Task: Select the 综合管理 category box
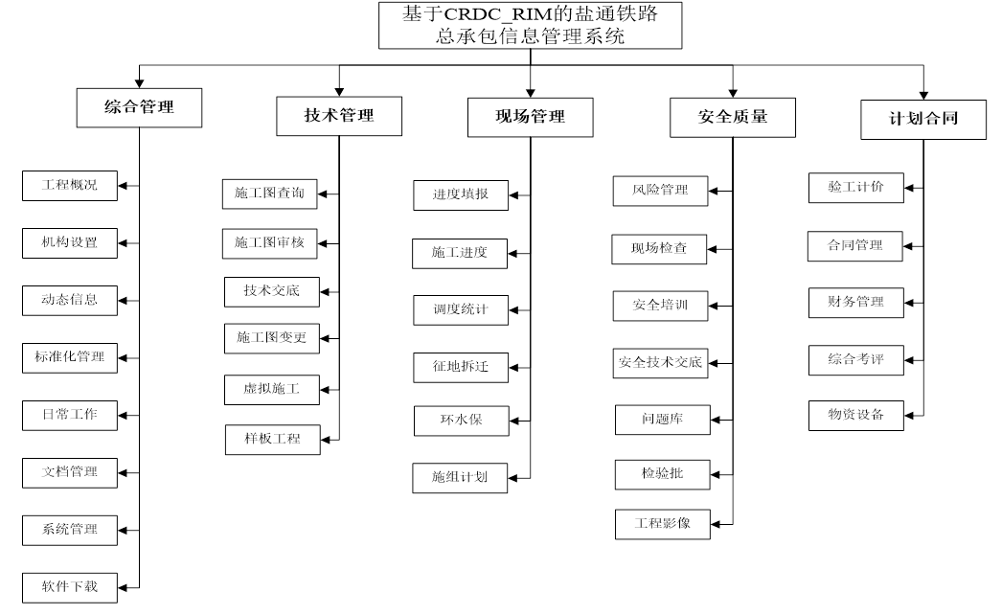pyautogui.click(x=139, y=107)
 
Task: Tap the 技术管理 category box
pyautogui.click(x=338, y=116)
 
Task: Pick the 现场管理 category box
pyautogui.click(x=530, y=117)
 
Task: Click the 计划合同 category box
pyautogui.click(x=923, y=119)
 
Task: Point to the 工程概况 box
pyautogui.click(x=70, y=185)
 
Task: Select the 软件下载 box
pyautogui.click(x=70, y=585)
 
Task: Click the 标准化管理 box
pyautogui.click(x=70, y=357)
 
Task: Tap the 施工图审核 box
pyautogui.click(x=269, y=243)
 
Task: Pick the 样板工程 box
pyautogui.click(x=272, y=439)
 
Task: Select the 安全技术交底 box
pyautogui.click(x=660, y=363)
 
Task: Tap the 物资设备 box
pyautogui.click(x=855, y=415)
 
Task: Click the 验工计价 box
pyautogui.click(x=855, y=188)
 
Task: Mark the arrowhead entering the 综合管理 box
pyautogui.click(x=139, y=83)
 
